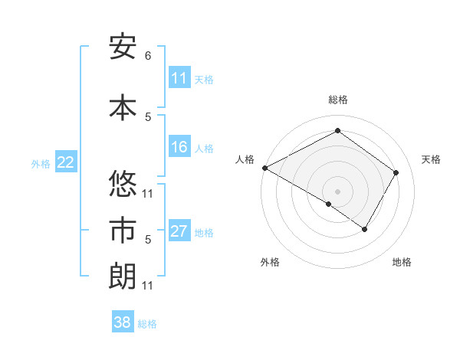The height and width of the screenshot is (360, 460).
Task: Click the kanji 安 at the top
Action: pyautogui.click(x=123, y=47)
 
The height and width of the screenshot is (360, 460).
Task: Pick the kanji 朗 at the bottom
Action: pyautogui.click(x=123, y=277)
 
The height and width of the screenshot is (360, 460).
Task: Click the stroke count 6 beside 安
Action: pyautogui.click(x=148, y=56)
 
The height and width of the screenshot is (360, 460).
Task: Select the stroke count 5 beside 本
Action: pyautogui.click(x=148, y=116)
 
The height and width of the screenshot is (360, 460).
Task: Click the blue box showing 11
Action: pyautogui.click(x=179, y=78)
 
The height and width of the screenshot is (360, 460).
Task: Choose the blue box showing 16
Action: pyautogui.click(x=179, y=147)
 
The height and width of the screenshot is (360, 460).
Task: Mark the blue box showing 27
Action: pyautogui.click(x=179, y=231)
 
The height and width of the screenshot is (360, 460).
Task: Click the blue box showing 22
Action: pyautogui.click(x=66, y=162)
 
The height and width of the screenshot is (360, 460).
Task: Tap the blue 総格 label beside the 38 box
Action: pyautogui.click(x=147, y=324)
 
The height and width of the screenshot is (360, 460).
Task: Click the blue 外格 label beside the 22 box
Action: pyautogui.click(x=40, y=163)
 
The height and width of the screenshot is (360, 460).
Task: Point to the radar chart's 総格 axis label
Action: pyautogui.click(x=337, y=100)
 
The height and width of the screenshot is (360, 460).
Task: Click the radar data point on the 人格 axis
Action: pyautogui.click(x=264, y=167)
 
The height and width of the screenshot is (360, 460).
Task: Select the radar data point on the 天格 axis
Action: pyautogui.click(x=396, y=172)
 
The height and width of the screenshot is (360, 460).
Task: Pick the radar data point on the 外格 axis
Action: pyautogui.click(x=329, y=204)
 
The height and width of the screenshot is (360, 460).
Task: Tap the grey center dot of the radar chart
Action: pyautogui.click(x=337, y=191)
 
